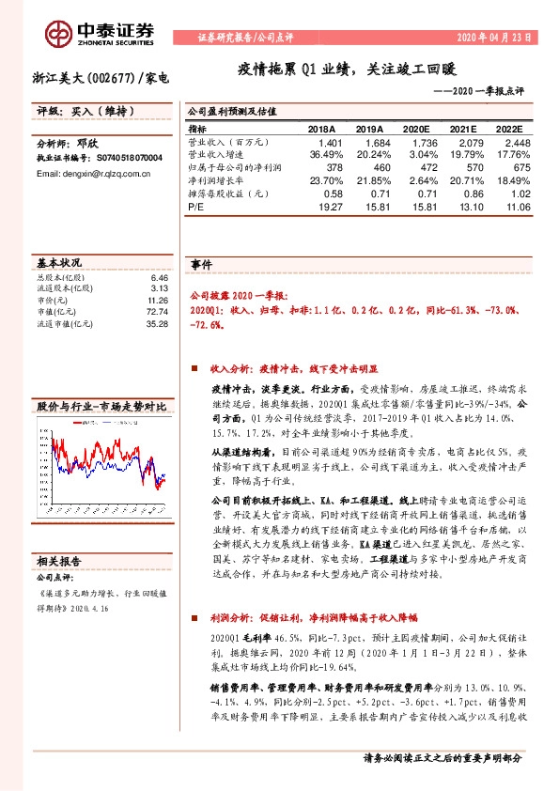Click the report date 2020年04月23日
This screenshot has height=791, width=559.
(x=495, y=39)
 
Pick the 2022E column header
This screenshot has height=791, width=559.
(x=515, y=129)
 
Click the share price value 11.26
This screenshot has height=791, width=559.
(x=157, y=301)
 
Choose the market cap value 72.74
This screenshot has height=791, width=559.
(x=157, y=312)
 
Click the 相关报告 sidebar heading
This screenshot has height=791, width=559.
(x=61, y=560)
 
